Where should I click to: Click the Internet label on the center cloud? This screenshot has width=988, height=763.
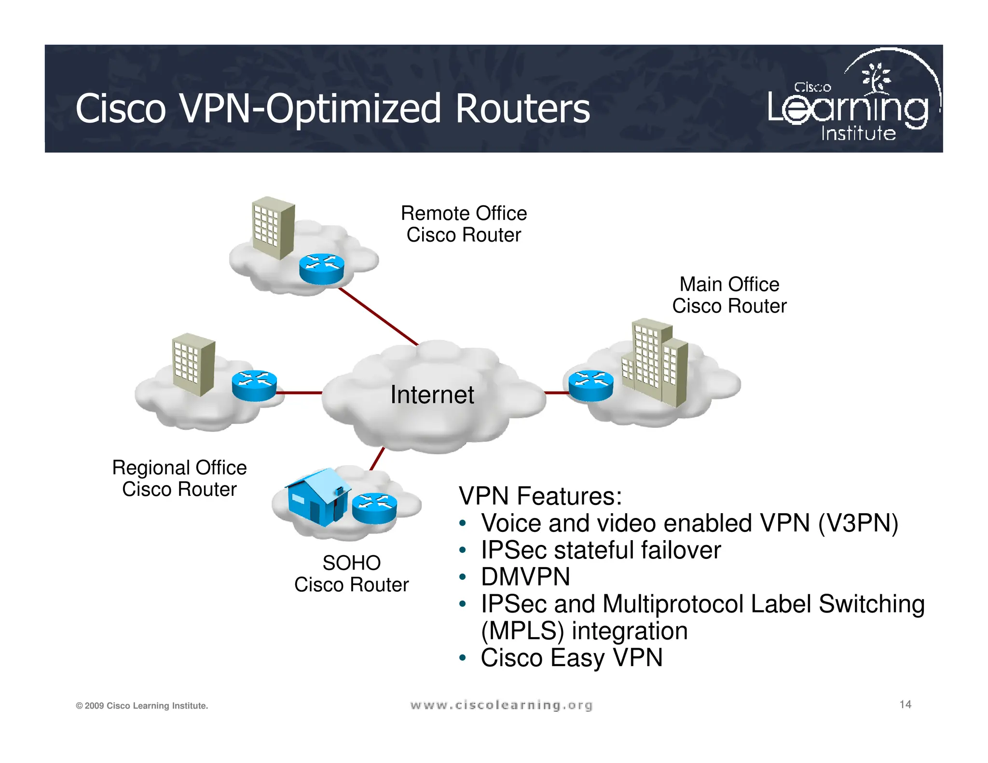point(432,395)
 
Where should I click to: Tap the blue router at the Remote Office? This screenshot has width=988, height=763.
point(321,269)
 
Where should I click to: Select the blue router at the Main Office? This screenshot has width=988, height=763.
point(590,385)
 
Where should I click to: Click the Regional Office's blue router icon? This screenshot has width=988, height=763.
point(254,385)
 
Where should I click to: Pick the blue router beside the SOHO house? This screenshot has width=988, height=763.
point(374,508)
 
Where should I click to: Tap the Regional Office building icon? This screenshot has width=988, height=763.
point(193,364)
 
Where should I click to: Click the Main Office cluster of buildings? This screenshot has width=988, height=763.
point(655,362)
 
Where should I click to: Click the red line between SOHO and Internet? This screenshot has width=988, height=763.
point(377,459)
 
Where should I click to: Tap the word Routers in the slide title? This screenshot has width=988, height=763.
point(522,109)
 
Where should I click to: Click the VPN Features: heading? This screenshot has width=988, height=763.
point(540,496)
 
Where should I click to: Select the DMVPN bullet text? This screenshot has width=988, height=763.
point(525,577)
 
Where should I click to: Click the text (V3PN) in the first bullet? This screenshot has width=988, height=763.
point(858,523)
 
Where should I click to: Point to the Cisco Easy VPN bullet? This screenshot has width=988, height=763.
point(572,658)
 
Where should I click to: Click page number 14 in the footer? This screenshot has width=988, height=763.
point(905,705)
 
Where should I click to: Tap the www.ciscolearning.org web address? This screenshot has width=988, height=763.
point(501,705)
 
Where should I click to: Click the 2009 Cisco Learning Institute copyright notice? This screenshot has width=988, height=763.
point(142,706)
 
